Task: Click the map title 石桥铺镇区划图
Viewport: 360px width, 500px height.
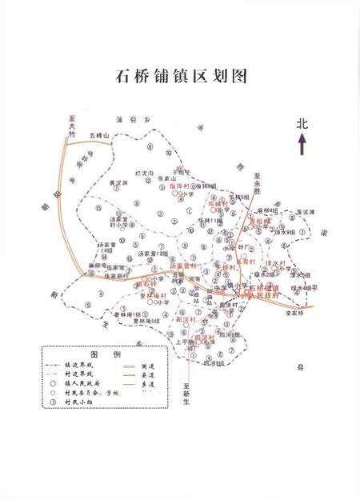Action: click(180, 77)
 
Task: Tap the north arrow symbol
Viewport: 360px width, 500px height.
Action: click(302, 145)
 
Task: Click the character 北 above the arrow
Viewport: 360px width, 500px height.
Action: click(302, 124)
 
